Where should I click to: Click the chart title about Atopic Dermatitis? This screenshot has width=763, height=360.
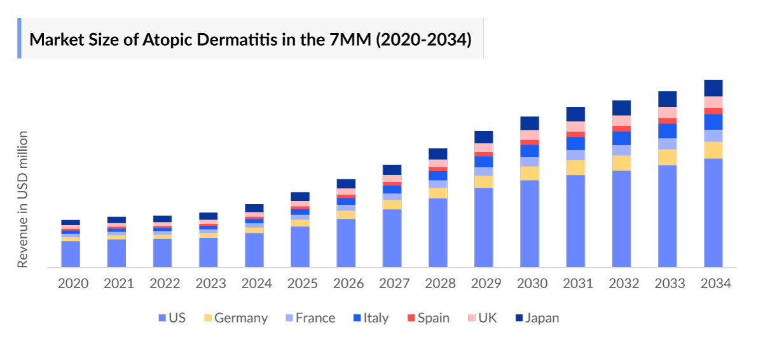click(251, 39)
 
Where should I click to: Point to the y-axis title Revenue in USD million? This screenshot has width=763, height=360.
click(23, 199)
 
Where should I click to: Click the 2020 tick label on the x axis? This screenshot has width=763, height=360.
click(73, 284)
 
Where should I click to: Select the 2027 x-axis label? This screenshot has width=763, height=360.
click(395, 284)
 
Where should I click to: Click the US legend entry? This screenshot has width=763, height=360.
click(171, 318)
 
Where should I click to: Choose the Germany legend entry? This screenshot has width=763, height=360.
click(234, 318)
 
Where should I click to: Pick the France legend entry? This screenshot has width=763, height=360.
click(308, 318)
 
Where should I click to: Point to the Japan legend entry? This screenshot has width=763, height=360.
click(537, 318)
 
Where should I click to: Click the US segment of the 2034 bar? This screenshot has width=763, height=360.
click(713, 213)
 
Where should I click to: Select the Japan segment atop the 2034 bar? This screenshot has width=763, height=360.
click(713, 88)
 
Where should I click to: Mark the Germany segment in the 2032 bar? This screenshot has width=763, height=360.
click(621, 163)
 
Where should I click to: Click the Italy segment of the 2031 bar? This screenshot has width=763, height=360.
click(575, 143)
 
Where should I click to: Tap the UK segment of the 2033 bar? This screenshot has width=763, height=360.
click(667, 112)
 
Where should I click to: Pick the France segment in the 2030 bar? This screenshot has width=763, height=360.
click(530, 162)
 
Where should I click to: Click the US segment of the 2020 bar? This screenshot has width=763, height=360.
click(71, 254)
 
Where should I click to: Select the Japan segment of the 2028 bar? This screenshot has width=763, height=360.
click(437, 153)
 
